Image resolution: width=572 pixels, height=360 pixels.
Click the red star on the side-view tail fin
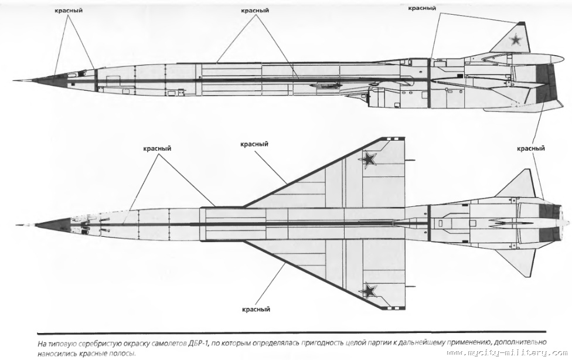tap(515, 40)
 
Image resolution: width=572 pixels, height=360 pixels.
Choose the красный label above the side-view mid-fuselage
tap(255, 11)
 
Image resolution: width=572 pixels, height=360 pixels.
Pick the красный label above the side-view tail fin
tap(422, 8)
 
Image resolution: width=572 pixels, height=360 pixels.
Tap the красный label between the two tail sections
tap(530, 149)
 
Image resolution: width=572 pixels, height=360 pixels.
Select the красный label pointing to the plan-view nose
tap(157, 148)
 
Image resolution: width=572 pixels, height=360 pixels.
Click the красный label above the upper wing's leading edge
tap(254, 144)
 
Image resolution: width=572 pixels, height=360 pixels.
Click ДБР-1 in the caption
tap(199, 341)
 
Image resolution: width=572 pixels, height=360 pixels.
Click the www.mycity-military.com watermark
tap(506, 353)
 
